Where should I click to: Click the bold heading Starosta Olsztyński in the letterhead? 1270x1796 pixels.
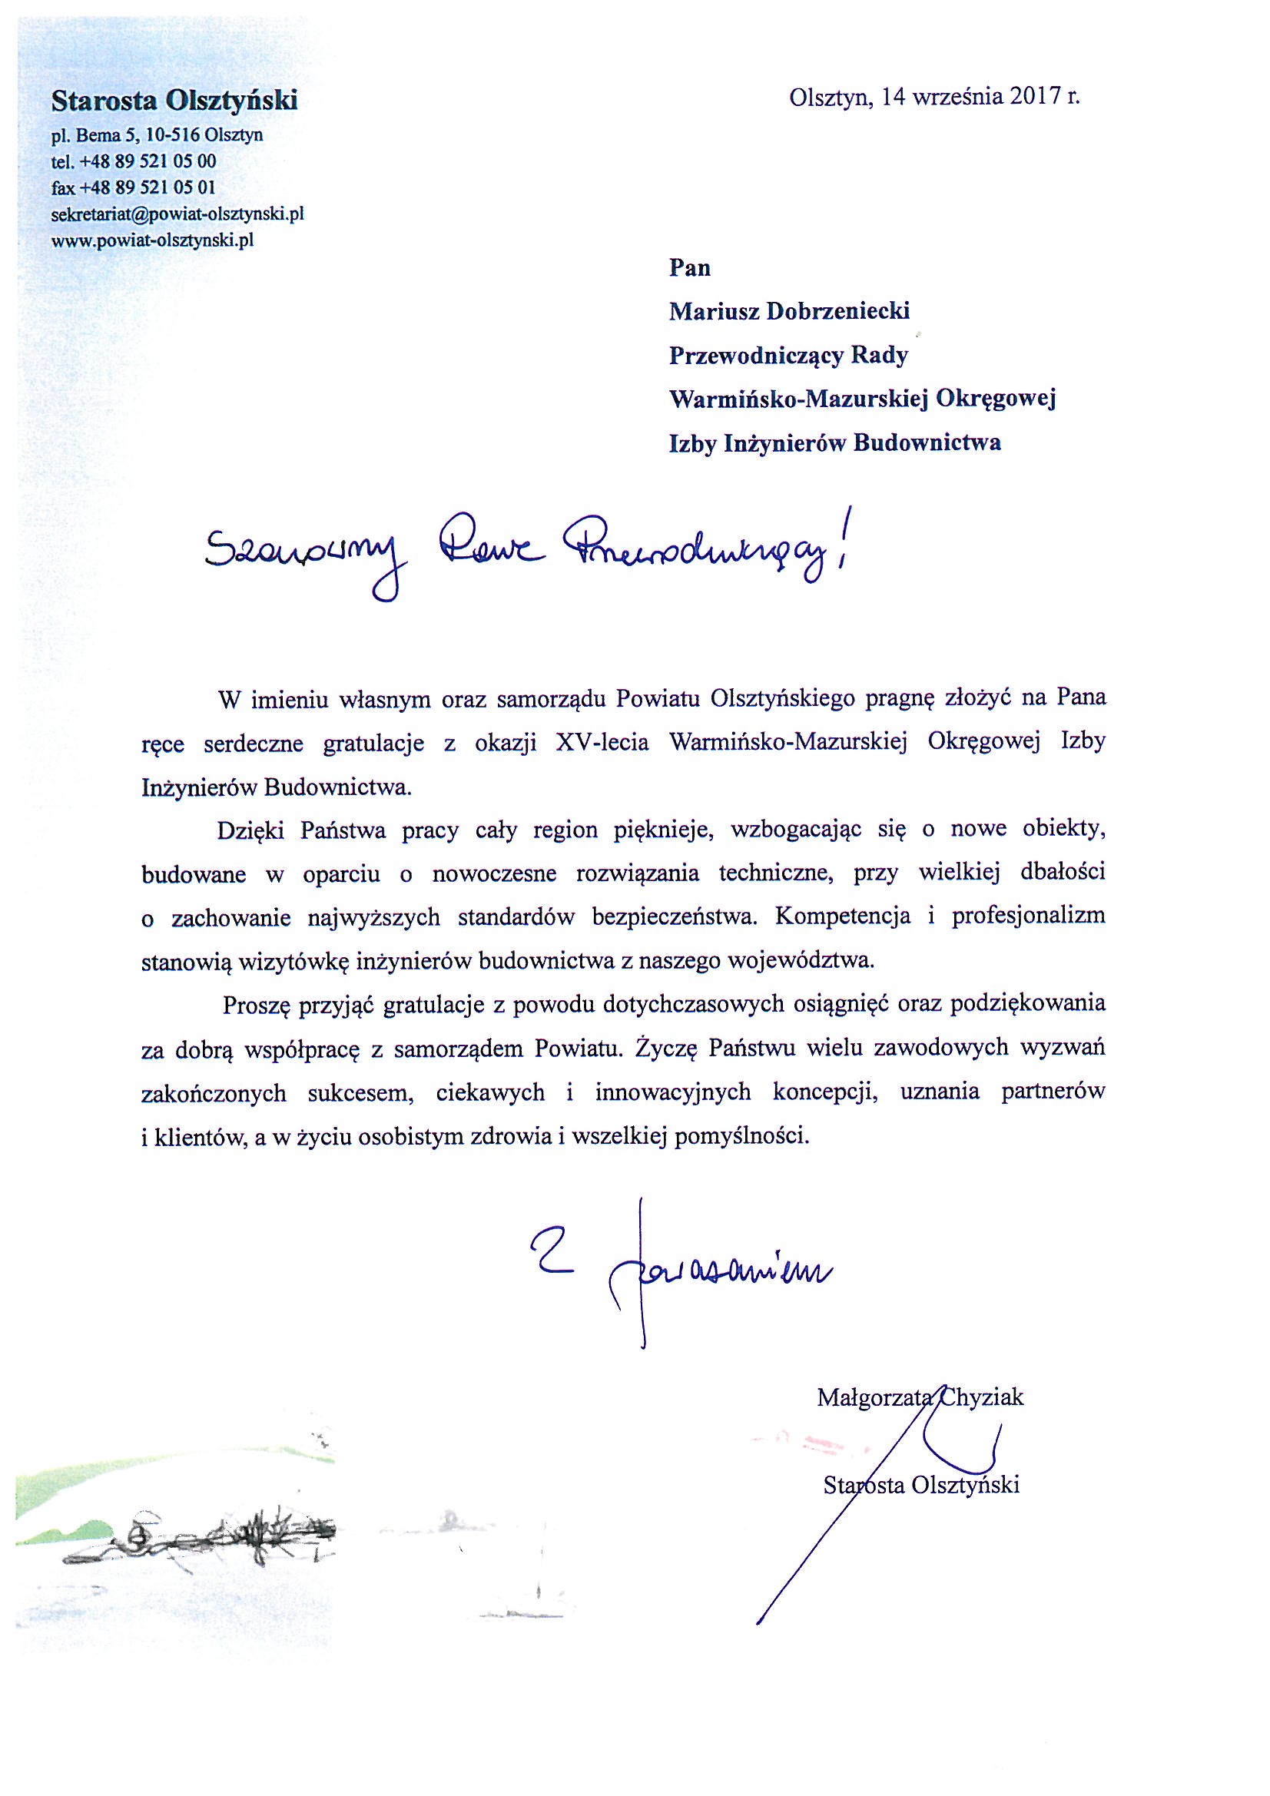point(174,101)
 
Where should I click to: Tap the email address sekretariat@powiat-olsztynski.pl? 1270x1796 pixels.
point(177,214)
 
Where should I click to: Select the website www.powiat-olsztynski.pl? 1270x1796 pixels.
point(153,240)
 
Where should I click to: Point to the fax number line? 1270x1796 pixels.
point(133,187)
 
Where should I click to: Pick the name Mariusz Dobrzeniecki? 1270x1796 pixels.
point(789,311)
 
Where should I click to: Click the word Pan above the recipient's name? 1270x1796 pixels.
point(689,268)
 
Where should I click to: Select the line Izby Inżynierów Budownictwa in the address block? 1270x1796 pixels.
point(834,443)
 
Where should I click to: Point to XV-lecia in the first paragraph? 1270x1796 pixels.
point(602,743)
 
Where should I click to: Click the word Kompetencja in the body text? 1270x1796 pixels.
point(843,916)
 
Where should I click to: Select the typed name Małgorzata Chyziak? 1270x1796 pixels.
point(920,1397)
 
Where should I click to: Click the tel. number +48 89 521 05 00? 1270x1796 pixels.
point(148,162)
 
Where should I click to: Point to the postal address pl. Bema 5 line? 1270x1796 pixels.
point(157,135)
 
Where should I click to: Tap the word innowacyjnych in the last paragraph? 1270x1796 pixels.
point(672,1092)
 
